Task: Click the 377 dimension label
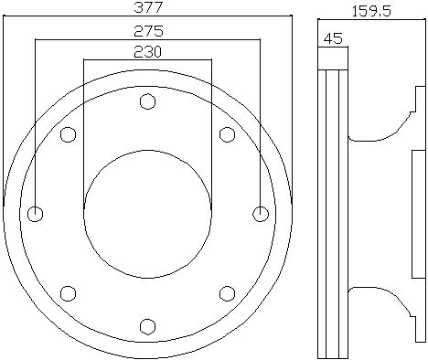pos(148,7)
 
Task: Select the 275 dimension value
pos(148,31)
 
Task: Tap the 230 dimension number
pos(147,52)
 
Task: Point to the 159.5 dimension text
pos(371,12)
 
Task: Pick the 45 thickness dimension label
pos(333,38)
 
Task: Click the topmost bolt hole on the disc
pos(147,101)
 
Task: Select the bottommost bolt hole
pos(147,326)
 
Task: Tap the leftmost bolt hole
pos(35,214)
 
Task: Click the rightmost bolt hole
pos(261,214)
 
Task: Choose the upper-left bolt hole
pos(68,134)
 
